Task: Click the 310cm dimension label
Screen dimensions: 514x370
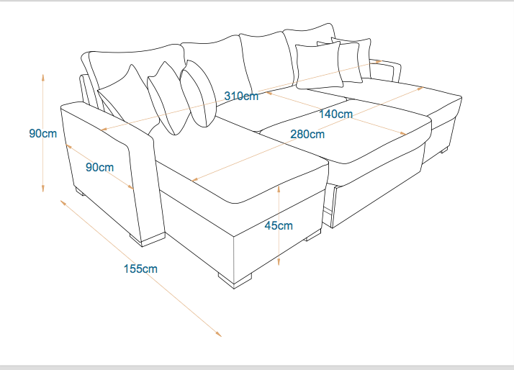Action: (241, 96)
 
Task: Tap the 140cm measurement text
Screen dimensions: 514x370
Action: (336, 114)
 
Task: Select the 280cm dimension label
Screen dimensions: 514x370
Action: (307, 134)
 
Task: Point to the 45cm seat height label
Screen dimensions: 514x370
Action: (279, 225)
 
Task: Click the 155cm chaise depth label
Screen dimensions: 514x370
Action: (140, 269)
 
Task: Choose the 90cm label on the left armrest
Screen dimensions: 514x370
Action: (99, 167)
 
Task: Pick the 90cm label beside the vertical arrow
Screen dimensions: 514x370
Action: (43, 133)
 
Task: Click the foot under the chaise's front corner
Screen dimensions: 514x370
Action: (235, 281)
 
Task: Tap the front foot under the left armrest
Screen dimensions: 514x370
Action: (148, 239)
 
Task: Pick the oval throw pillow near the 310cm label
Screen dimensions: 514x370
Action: (199, 94)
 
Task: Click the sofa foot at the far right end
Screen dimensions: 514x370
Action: (444, 150)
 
